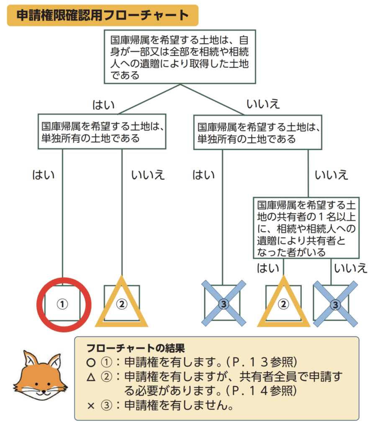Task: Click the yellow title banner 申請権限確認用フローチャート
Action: click(x=103, y=15)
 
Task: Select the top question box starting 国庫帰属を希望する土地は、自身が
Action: click(x=180, y=57)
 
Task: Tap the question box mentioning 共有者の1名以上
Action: click(x=306, y=228)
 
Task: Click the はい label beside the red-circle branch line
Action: click(x=44, y=175)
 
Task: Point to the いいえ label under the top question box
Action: click(x=263, y=104)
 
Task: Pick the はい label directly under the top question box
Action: click(x=103, y=105)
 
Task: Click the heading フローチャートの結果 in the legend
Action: click(x=136, y=348)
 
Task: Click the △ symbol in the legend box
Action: click(x=91, y=377)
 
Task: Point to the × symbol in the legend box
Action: click(x=91, y=406)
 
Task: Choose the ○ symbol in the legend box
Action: click(x=91, y=362)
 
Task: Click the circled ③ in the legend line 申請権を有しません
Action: click(x=107, y=405)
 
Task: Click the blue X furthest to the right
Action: click(x=335, y=304)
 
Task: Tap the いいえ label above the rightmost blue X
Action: click(x=351, y=268)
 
